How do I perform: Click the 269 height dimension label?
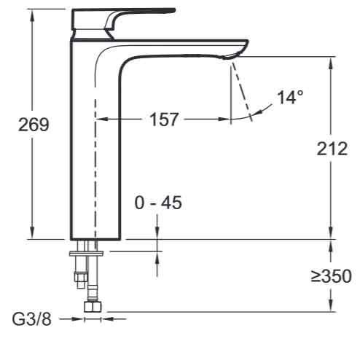pyautogui.click(x=33, y=125)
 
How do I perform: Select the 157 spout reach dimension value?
pyautogui.click(x=164, y=120)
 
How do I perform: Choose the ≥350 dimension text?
pyautogui.click(x=332, y=276)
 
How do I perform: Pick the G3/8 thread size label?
pyautogui.click(x=31, y=319)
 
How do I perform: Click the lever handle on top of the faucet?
pyautogui.click(x=138, y=12)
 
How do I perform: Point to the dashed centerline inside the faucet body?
pyautogui.click(x=95, y=146)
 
